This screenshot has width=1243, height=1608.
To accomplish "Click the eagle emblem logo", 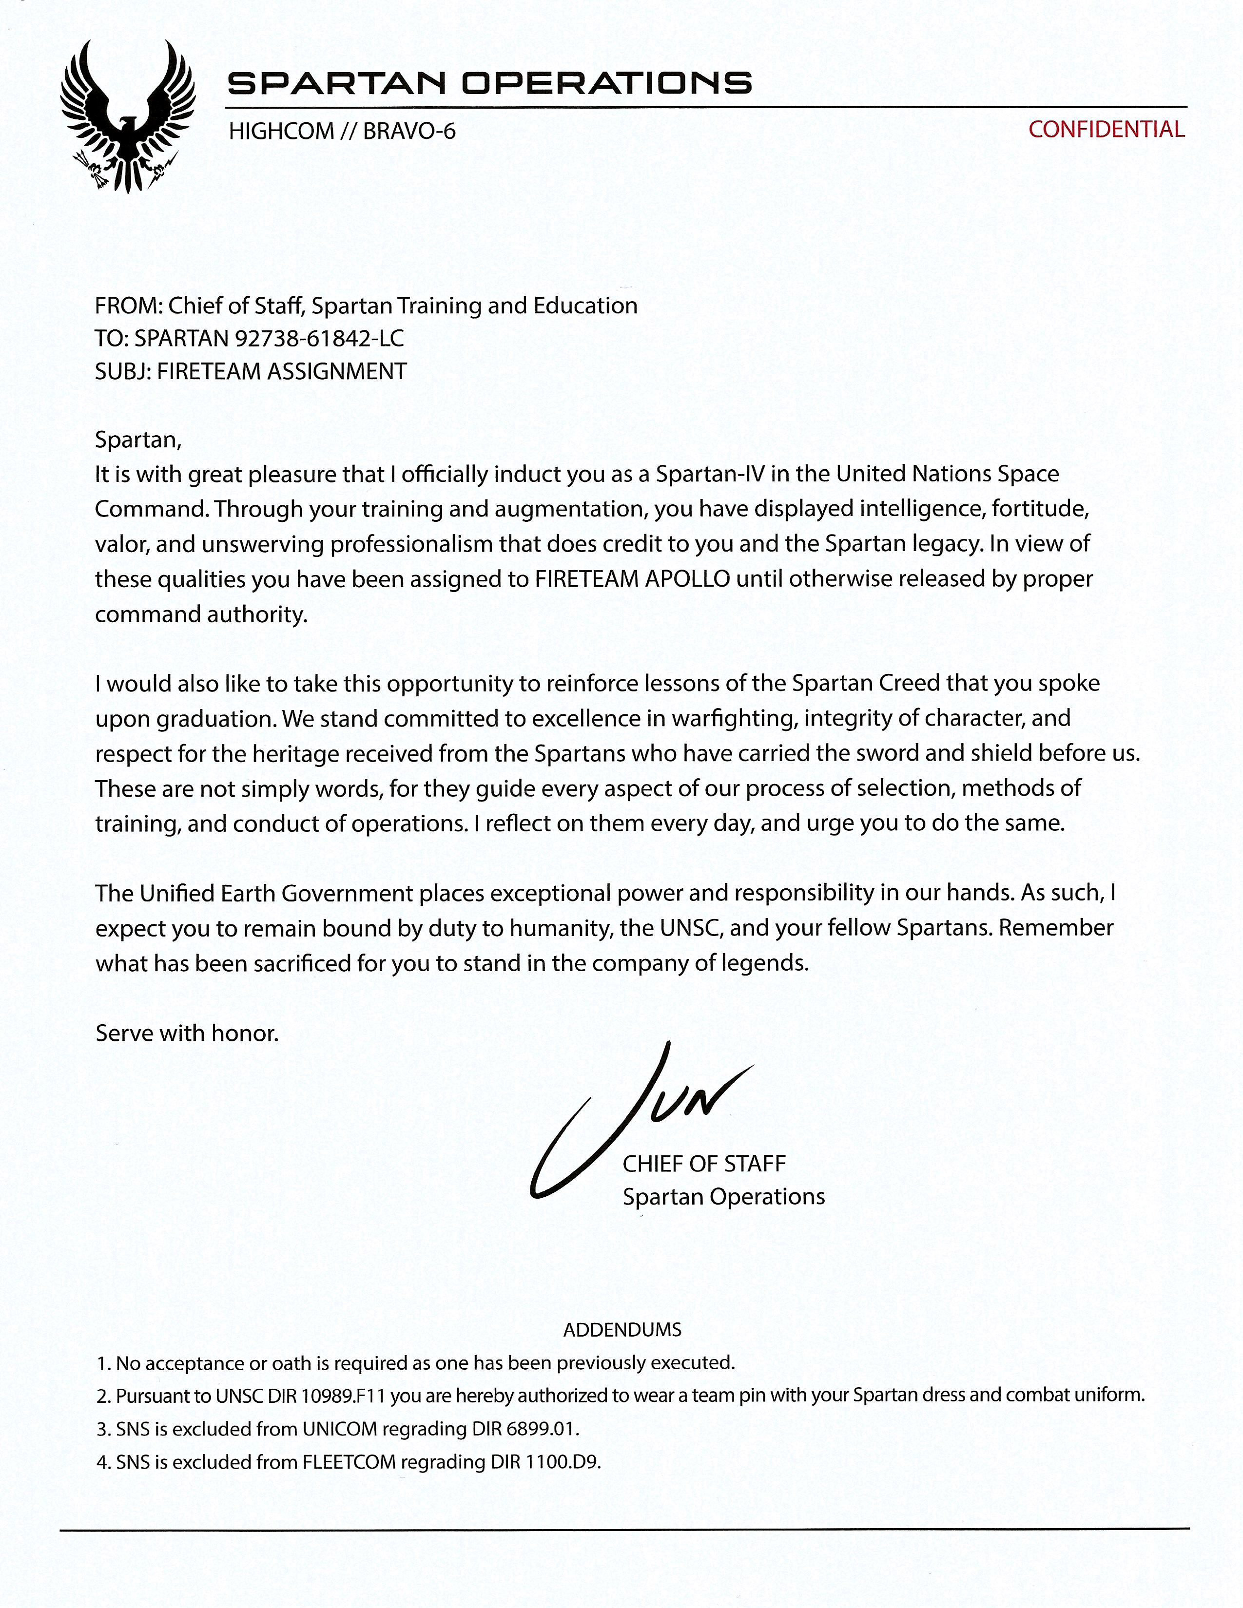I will point(127,116).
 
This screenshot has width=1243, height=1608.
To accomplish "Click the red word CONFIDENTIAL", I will point(1106,130).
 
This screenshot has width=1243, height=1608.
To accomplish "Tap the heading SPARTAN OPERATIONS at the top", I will point(489,83).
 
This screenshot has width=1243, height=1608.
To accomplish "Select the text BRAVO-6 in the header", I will point(409,132).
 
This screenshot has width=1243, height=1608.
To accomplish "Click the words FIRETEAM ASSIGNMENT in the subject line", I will point(282,371).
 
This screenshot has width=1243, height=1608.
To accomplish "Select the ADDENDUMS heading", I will point(622,1330).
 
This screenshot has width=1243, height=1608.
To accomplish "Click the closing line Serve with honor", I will point(187,1033).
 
